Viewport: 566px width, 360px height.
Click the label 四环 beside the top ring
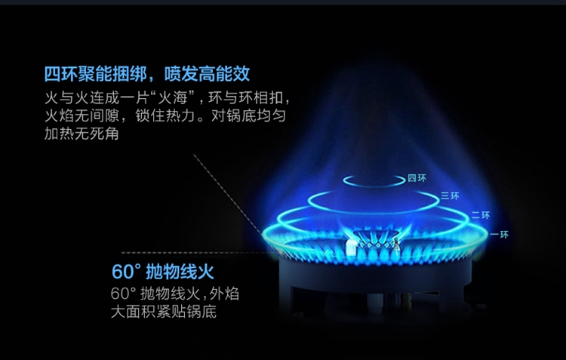point(417,178)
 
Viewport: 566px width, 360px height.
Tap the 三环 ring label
point(450,195)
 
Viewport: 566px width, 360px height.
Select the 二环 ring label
point(481,215)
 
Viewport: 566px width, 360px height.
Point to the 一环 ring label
point(500,235)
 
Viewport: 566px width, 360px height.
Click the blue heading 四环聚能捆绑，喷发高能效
point(147,75)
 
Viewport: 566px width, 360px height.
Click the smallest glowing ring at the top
point(374,180)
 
